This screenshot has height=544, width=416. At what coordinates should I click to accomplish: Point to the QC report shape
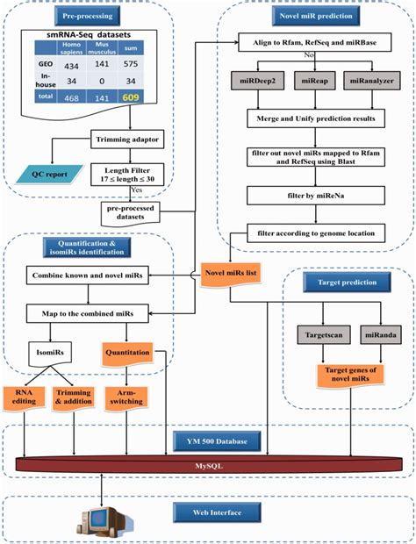(55, 173)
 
